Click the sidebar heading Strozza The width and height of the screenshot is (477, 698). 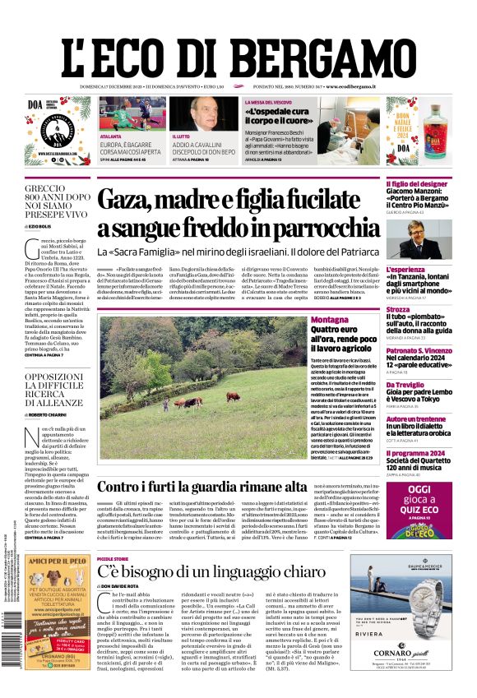click(x=398, y=310)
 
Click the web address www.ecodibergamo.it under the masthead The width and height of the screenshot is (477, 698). click(x=350, y=86)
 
